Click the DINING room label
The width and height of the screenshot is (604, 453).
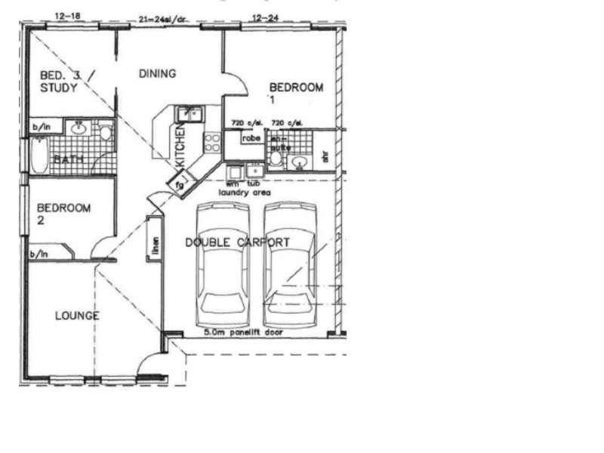coord(158,73)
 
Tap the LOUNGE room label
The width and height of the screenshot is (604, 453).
coord(76,316)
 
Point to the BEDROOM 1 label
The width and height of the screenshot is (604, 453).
coord(296,92)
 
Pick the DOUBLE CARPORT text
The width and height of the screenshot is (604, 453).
coord(237,242)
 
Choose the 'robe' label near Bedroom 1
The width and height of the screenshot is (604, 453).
coord(251,138)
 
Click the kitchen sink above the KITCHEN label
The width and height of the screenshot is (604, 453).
coord(188,114)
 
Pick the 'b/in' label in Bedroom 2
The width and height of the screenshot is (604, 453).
coord(39,254)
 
